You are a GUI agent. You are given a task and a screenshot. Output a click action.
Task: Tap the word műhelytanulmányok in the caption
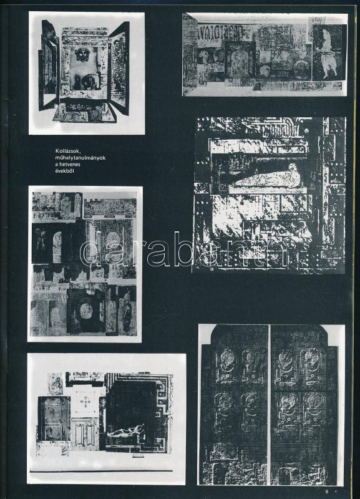80,158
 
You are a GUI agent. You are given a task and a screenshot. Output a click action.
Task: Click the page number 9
326,492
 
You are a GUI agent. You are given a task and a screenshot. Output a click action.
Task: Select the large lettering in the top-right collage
220,32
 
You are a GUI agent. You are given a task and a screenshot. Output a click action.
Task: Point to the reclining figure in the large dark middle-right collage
267,180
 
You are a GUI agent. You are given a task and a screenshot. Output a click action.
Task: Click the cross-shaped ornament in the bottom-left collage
85,402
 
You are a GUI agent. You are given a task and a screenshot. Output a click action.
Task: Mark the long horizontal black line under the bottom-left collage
101,471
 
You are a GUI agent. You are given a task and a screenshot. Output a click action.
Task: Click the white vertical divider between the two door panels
270,404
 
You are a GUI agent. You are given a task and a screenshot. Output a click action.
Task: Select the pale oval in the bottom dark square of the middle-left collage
86,311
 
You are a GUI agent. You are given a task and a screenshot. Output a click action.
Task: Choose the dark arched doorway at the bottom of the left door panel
219,473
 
